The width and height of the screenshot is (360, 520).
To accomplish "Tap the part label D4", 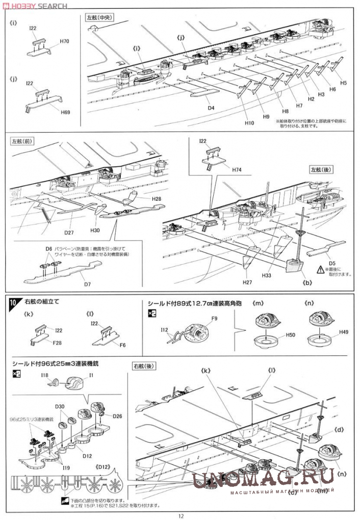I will (211, 108).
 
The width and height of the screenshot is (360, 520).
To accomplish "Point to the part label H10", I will (249, 123).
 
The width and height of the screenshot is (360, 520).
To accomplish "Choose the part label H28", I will (156, 198).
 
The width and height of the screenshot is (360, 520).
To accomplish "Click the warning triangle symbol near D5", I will (321, 269).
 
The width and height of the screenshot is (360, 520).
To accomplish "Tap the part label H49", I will (344, 332).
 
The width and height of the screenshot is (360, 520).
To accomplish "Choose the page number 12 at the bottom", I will (181, 515).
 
